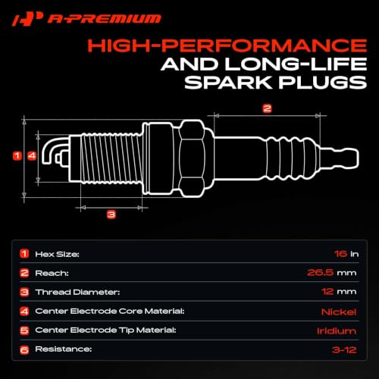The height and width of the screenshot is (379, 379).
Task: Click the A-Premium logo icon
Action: [x=27, y=19]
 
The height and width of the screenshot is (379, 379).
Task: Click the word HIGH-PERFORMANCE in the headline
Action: [x=227, y=45]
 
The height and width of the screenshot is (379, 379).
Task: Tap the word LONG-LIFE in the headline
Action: [x=296, y=64]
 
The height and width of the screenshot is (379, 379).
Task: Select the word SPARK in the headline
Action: [x=228, y=83]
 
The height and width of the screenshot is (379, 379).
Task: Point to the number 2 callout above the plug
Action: [x=267, y=108]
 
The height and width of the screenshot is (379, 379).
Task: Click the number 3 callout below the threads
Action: [x=111, y=215]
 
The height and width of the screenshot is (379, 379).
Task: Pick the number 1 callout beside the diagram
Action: [x=17, y=155]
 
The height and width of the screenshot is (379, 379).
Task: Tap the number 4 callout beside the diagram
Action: [x=32, y=155]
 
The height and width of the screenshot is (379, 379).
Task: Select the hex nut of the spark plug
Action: [x=192, y=158]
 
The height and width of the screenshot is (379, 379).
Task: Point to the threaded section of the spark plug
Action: [x=111, y=158]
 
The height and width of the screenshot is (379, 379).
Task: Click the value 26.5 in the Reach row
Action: [x=320, y=273]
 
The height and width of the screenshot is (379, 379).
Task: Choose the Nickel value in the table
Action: [x=339, y=312]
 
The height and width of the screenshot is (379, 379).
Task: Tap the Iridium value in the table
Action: [x=337, y=331]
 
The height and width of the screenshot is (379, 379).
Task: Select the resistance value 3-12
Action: [x=344, y=350]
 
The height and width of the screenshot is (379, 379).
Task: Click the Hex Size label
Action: [x=57, y=254]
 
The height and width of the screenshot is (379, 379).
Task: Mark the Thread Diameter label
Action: [x=77, y=292]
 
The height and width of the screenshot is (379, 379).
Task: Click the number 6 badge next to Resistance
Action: [x=24, y=350]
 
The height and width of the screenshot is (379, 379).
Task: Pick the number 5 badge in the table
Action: [x=24, y=330]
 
